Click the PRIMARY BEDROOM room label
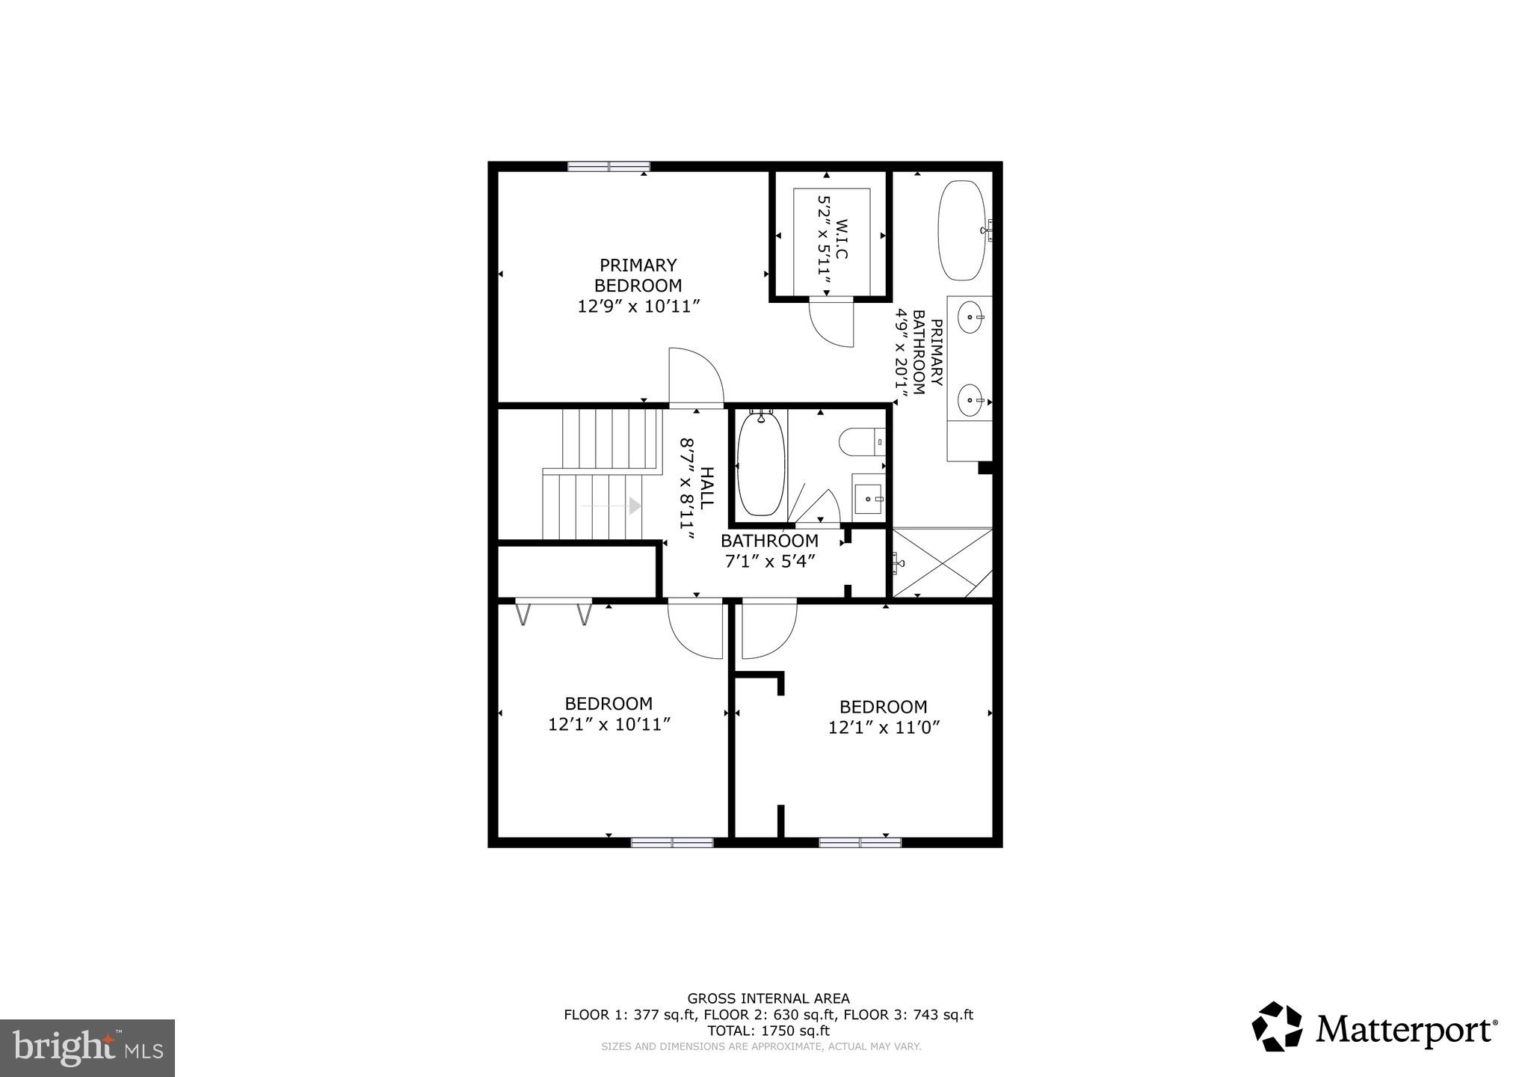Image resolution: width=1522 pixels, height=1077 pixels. pyautogui.click(x=638, y=275)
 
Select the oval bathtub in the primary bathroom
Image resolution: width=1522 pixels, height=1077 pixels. pyautogui.click(x=962, y=230)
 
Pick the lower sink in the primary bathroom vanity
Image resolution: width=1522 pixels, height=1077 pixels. pyautogui.click(x=970, y=401)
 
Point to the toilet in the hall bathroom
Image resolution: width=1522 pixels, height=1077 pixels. pyautogui.click(x=860, y=441)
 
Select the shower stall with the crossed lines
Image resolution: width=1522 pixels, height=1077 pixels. pyautogui.click(x=942, y=562)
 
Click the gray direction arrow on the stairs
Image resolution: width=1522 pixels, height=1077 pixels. pyautogui.click(x=635, y=506)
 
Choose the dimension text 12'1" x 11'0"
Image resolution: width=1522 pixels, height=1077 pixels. pyautogui.click(x=883, y=727)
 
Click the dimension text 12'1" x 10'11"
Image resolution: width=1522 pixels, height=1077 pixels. pyautogui.click(x=609, y=724)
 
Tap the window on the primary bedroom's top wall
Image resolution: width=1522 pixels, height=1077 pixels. pyautogui.click(x=609, y=167)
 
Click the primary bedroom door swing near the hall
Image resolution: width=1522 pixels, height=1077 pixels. pyautogui.click(x=695, y=378)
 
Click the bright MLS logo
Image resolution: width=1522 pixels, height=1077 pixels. pyautogui.click(x=87, y=1048)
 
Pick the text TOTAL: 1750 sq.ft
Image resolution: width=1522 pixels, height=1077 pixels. pyautogui.click(x=768, y=1030)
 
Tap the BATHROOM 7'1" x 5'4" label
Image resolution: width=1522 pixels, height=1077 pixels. pyautogui.click(x=769, y=550)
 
